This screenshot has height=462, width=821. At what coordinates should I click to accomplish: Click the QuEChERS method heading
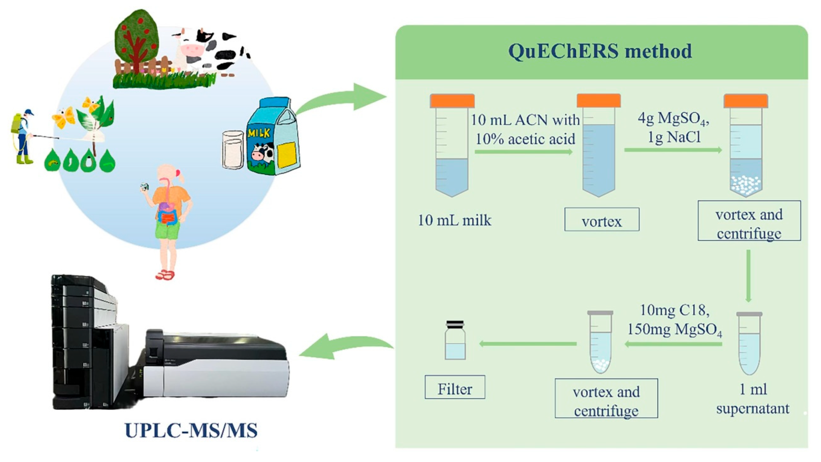[x=600, y=51]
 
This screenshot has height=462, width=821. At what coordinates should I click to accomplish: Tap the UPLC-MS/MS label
[x=191, y=430]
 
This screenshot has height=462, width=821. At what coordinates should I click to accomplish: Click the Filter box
[x=455, y=387]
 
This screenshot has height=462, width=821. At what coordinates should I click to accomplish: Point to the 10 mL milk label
[x=455, y=220]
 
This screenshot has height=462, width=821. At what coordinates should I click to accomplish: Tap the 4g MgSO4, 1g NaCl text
[x=674, y=128]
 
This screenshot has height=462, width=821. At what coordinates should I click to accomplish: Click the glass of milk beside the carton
[x=233, y=149]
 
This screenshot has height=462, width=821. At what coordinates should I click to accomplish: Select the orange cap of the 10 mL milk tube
[x=452, y=101]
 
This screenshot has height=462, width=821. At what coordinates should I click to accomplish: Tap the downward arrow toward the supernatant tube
[x=748, y=276]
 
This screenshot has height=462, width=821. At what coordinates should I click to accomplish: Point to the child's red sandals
[x=165, y=275]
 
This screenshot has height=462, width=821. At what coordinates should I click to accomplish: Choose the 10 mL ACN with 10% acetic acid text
[x=525, y=129]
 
